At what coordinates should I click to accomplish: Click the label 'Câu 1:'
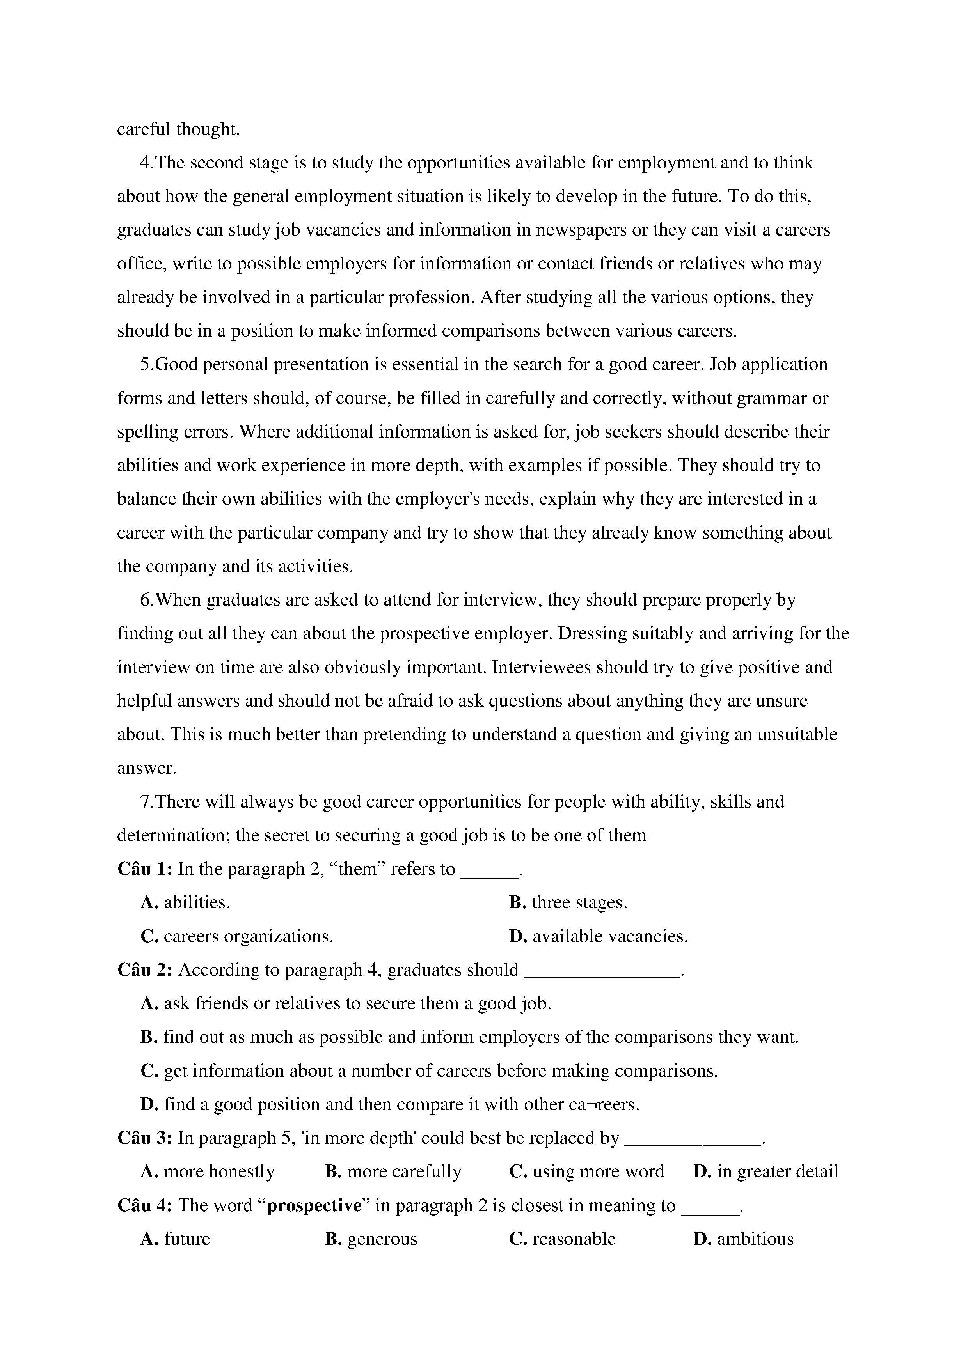pos(145,869)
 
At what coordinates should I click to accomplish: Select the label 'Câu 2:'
pos(145,970)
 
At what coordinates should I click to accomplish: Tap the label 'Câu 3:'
pos(145,1138)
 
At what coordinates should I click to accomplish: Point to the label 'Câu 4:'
pos(145,1205)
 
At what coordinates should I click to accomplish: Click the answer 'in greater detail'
pos(777,1171)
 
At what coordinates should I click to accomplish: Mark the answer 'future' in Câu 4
pos(186,1239)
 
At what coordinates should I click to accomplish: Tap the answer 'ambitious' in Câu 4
pos(755,1239)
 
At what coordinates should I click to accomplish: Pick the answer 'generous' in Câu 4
pos(382,1239)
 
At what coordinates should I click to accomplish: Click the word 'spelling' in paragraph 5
pos(144,432)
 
